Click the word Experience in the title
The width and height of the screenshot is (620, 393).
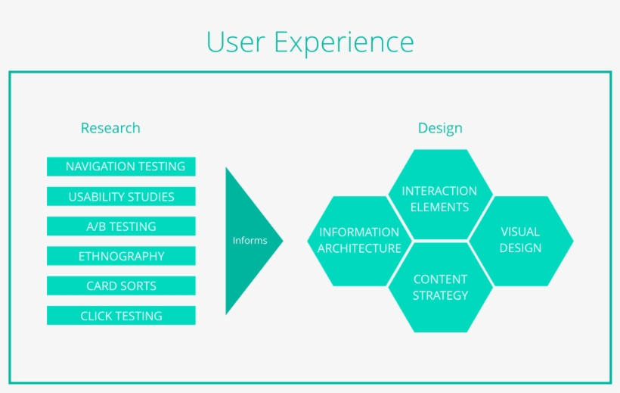pos(344,43)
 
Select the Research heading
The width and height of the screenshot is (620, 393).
pos(110,128)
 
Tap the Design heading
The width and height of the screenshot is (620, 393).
pos(440,128)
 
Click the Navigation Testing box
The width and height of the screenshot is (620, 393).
pos(121,167)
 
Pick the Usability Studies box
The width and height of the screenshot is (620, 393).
pos(121,197)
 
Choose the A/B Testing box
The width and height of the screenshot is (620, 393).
pos(121,226)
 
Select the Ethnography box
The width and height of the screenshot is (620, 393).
pos(121,256)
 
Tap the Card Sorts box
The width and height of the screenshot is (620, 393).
pos(121,286)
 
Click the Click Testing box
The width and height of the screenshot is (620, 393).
pos(121,316)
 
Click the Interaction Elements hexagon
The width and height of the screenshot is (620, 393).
pos(439,198)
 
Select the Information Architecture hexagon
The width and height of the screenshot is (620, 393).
pos(359,240)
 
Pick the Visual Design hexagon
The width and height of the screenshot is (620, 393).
pos(520,240)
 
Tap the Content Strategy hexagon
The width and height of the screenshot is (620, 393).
pos(440,287)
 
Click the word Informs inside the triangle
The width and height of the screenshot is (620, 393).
pos(250,241)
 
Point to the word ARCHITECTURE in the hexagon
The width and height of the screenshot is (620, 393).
pos(359,248)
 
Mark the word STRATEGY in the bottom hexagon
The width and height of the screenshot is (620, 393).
pos(440,295)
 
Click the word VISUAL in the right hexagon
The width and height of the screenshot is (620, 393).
pos(520,232)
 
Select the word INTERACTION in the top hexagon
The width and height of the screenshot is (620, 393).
pos(439,191)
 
